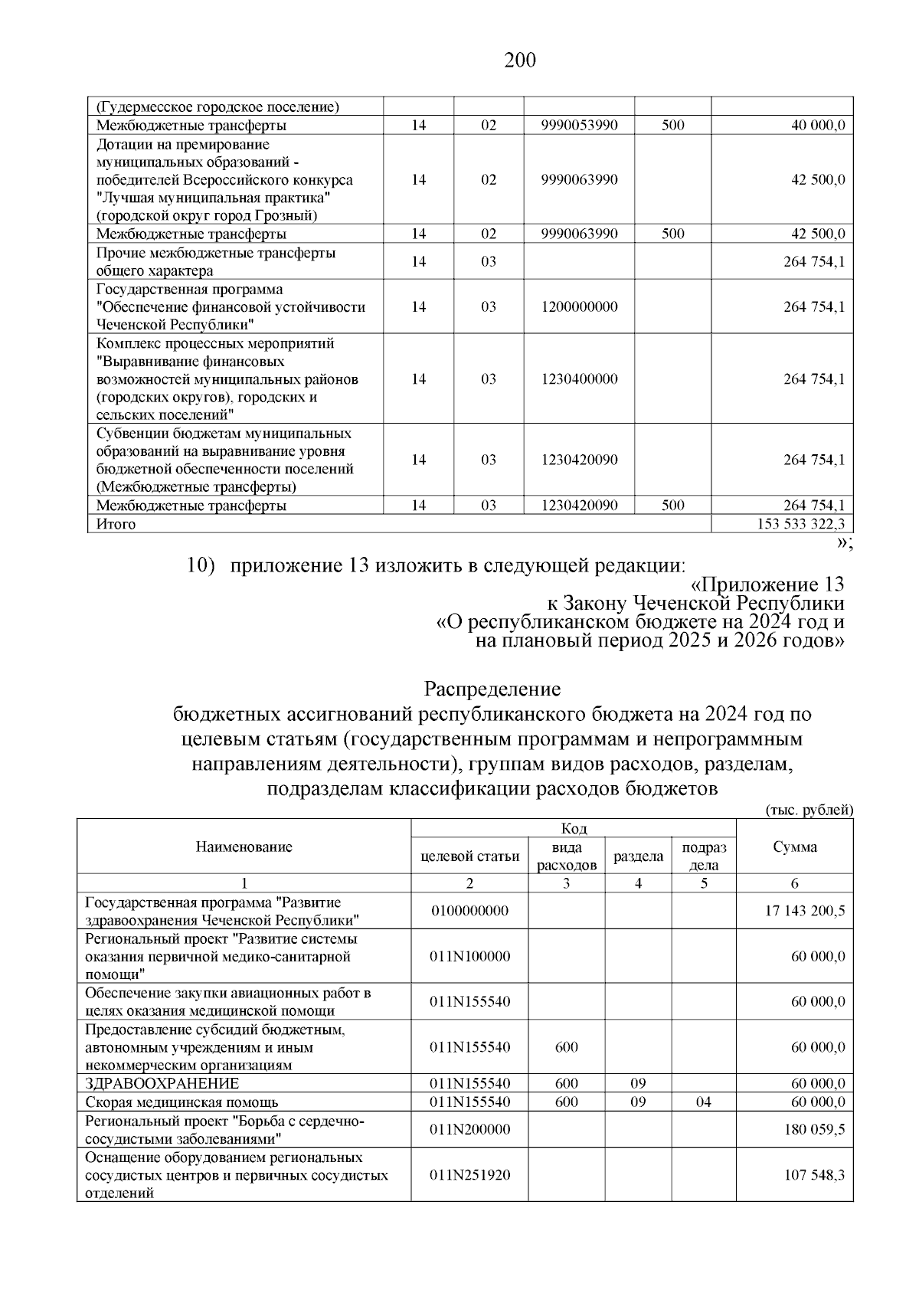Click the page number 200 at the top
pyautogui.click(x=520, y=61)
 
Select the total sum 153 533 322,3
pyautogui.click(x=800, y=524)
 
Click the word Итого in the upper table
pyautogui.click(x=116, y=524)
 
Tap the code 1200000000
pyautogui.click(x=579, y=307)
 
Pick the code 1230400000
pyautogui.click(x=579, y=379)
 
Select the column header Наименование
pyautogui.click(x=244, y=846)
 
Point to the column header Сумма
pyautogui.click(x=794, y=846)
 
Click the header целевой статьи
pyautogui.click(x=470, y=856)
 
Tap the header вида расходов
pyautogui.click(x=566, y=856)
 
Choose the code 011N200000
pyautogui.click(x=469, y=1130)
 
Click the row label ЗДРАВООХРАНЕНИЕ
pyautogui.click(x=162, y=1084)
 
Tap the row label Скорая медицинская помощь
pyautogui.click(x=182, y=1102)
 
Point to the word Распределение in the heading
pyautogui.click(x=492, y=689)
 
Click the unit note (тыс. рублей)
pyautogui.click(x=809, y=810)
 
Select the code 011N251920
pyautogui.click(x=469, y=1175)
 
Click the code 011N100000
pyautogui.click(x=469, y=957)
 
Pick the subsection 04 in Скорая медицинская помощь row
pyautogui.click(x=704, y=1102)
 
